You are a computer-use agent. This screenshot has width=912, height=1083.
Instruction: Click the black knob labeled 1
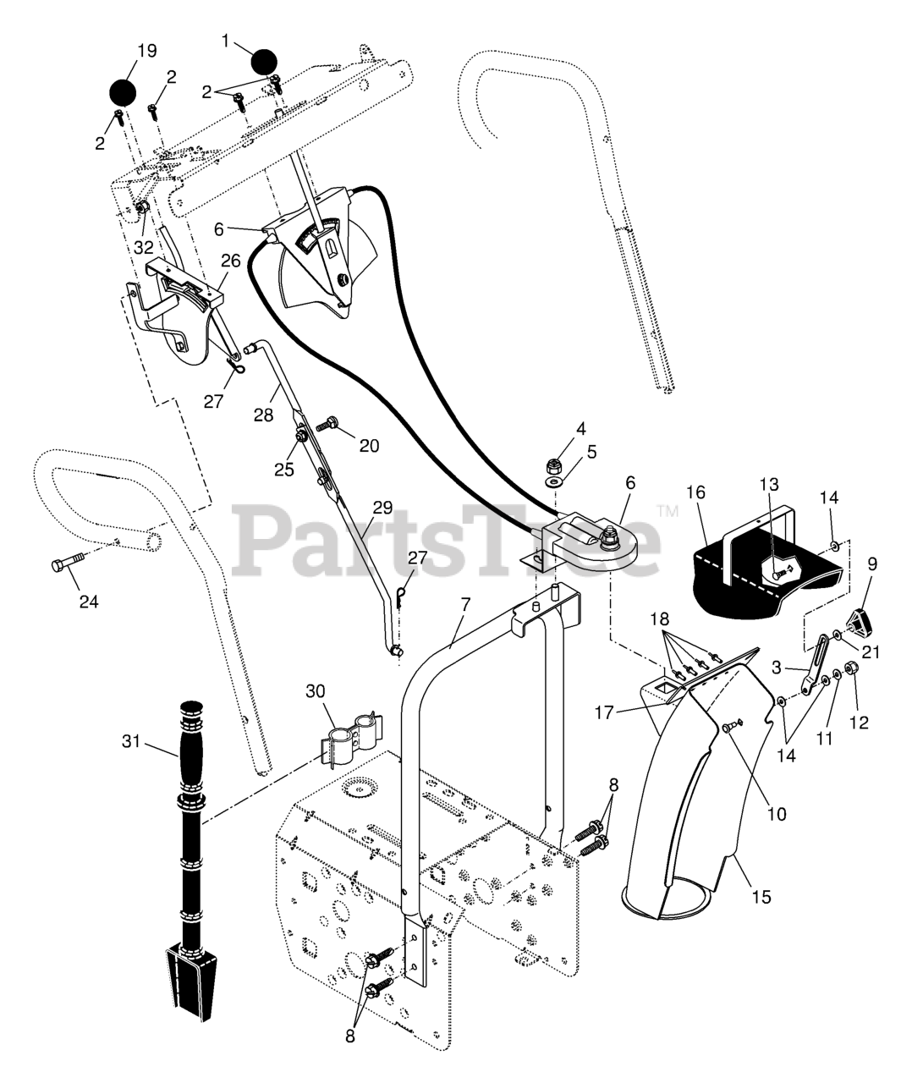[265, 62]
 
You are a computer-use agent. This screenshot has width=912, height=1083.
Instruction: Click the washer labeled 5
[555, 481]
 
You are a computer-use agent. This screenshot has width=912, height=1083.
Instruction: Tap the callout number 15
[762, 895]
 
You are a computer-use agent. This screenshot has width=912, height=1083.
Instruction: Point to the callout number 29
[382, 507]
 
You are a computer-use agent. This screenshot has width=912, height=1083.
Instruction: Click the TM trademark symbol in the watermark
[668, 511]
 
